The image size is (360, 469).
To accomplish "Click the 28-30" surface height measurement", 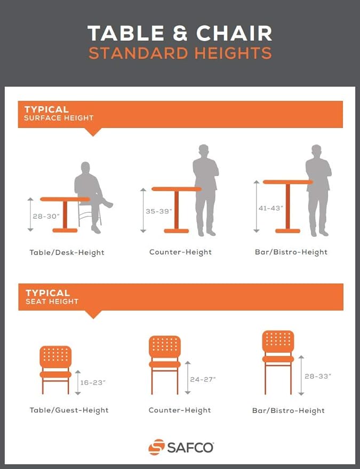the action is (46, 216).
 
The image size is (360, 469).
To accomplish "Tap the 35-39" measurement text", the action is (159, 211).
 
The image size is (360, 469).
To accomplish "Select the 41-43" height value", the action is (270, 208).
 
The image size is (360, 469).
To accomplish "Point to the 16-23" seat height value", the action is (93, 383).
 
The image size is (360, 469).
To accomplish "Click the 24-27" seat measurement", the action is (203, 379).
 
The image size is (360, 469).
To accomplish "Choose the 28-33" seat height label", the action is (318, 376).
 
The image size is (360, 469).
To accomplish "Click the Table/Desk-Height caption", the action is (67, 252).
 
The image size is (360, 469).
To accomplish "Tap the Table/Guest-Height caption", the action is (69, 410).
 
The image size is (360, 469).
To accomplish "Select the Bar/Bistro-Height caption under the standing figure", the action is (291, 252).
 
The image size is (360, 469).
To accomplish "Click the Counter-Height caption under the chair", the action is (180, 410).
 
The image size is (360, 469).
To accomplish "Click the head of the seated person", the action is (85, 167).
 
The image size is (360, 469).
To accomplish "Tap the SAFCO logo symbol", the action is (156, 447).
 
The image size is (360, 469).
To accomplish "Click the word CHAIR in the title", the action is (234, 33).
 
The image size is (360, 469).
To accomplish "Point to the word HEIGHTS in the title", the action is (233, 53).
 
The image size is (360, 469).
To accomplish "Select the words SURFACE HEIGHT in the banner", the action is (59, 118).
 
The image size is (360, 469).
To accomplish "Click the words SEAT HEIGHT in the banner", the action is (52, 301).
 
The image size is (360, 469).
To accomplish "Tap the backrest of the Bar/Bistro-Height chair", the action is (278, 341).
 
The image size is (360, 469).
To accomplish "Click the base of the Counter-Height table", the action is (177, 231).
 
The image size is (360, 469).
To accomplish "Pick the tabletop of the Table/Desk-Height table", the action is (65, 199).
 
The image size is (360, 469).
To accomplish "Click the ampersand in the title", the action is (180, 33).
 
